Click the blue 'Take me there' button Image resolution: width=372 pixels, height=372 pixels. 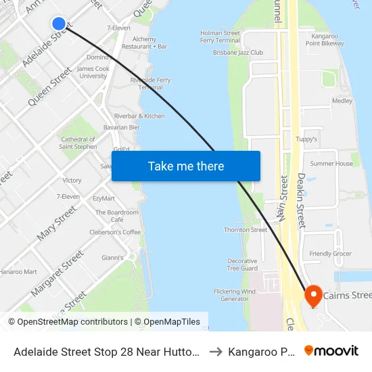tap(186, 166)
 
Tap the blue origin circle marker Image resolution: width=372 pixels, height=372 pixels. tap(59, 24)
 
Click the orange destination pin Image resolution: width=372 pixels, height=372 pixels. tap(313, 296)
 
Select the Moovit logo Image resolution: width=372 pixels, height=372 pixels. tap(331, 351)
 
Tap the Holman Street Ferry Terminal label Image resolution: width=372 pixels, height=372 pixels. tap(220, 37)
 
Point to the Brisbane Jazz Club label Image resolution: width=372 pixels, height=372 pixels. tap(237, 52)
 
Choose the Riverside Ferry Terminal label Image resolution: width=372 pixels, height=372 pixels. tap(150, 84)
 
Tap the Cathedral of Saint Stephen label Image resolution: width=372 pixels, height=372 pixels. tap(78, 143)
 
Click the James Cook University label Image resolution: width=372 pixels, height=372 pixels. tap(93, 72)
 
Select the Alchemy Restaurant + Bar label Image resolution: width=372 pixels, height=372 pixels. tap(149, 43)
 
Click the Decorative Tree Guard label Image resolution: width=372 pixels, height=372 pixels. tap(241, 264)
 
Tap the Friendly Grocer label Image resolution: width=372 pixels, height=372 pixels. tap(330, 254)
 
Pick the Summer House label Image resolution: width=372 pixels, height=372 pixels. tap(331, 164)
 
